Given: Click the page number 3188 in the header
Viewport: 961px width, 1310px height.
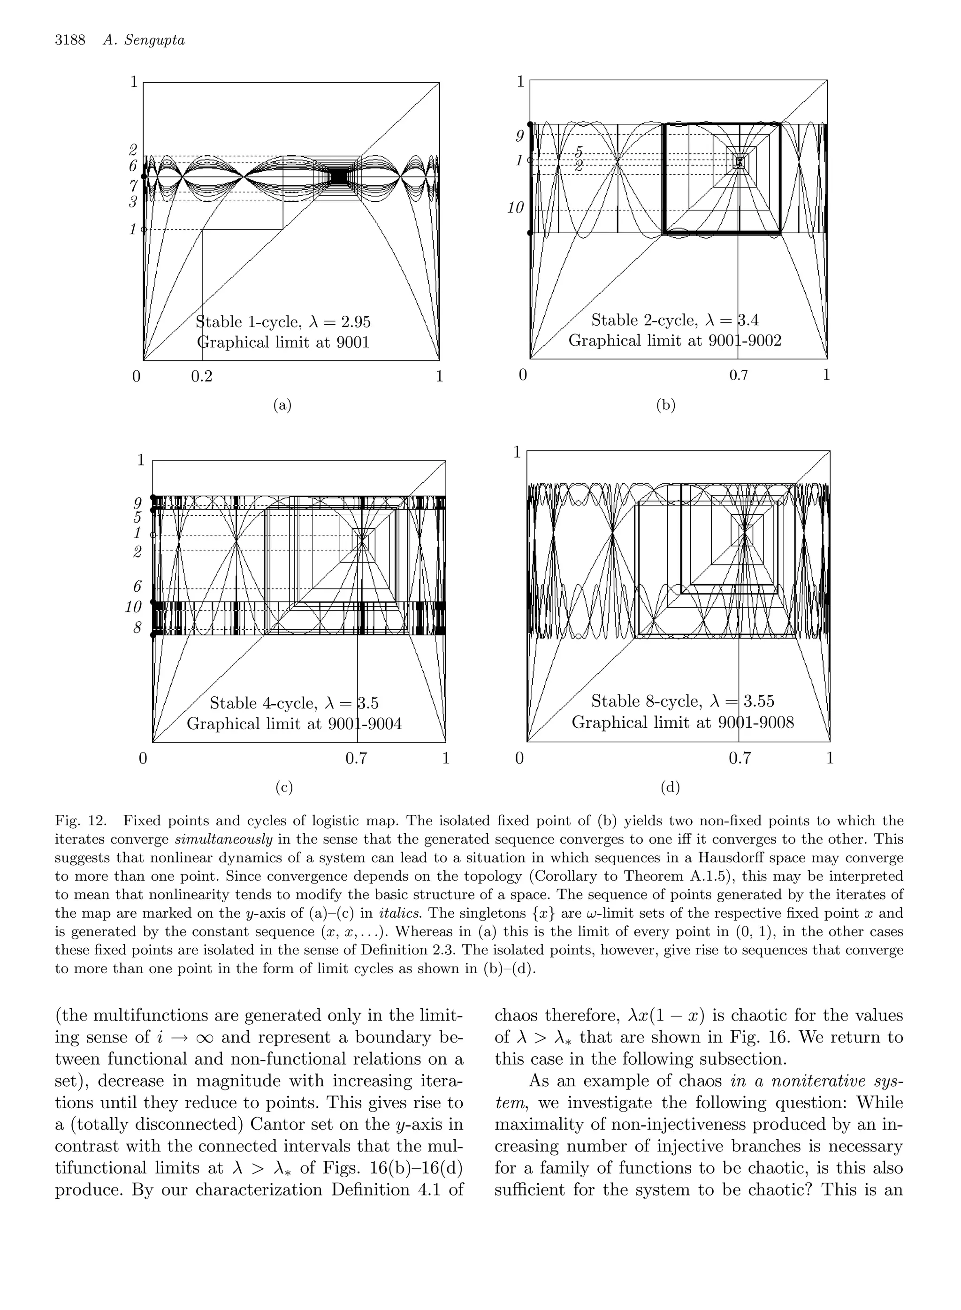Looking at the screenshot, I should (70, 40).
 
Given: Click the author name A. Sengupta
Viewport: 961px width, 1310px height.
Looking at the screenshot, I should (143, 40).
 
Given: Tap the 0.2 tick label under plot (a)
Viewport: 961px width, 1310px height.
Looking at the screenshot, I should (202, 376).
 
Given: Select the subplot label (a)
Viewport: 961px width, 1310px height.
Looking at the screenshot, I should (282, 405).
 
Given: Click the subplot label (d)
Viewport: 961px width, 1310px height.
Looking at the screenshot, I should (670, 788).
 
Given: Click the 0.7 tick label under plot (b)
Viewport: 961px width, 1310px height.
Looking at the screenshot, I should (739, 375).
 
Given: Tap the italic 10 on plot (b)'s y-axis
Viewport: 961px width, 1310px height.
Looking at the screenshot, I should (515, 208).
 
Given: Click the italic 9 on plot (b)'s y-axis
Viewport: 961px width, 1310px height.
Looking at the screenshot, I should (519, 136).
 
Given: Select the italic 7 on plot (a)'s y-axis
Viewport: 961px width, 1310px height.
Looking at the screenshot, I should (133, 186).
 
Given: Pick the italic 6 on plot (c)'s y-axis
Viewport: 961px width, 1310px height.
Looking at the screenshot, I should (137, 587).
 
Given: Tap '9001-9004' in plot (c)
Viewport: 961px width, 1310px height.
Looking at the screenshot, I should (366, 724).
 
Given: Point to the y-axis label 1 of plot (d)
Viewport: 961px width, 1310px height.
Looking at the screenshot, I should (516, 452).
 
